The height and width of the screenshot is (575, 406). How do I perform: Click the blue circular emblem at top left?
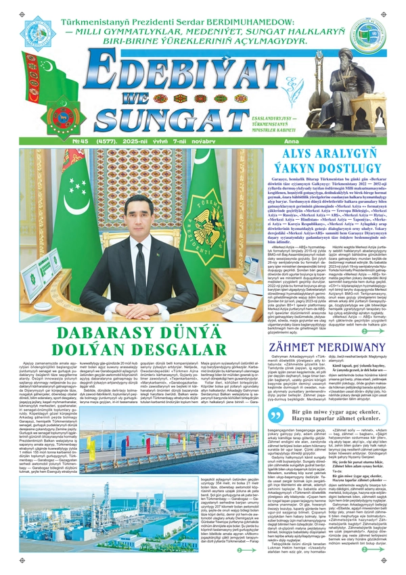pos(38,34)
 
